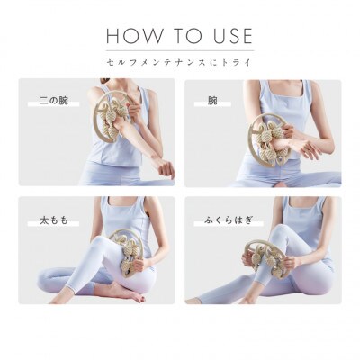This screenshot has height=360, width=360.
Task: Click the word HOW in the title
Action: coord(135,36)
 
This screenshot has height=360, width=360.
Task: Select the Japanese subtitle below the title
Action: coord(179,62)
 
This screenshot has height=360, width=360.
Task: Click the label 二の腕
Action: coord(54,101)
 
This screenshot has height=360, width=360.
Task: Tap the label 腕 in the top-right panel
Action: coord(212,101)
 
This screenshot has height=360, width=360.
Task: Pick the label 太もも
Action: coord(54,220)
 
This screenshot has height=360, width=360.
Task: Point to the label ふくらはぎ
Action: coord(229,220)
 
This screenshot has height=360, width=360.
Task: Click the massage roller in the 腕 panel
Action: coord(269,139)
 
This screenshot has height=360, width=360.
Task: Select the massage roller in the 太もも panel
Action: coord(129,252)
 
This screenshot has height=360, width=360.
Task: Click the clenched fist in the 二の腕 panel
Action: coord(166,168)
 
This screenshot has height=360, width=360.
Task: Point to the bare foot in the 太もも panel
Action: coord(127,292)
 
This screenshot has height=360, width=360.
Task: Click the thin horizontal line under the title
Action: coord(180,50)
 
